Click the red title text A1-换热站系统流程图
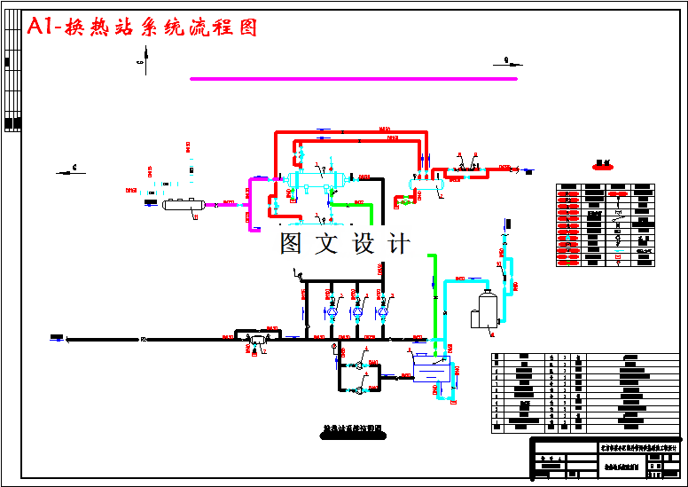coord(143,27)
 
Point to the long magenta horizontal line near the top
coord(353,79)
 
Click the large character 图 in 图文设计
coord(293,243)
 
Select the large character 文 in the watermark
coord(327,243)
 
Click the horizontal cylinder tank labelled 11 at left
coord(182,205)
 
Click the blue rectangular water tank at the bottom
coord(432,368)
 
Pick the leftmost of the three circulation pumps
coord(332,311)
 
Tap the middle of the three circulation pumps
coord(357,311)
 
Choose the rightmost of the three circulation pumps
coord(383,311)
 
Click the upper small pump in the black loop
coord(355,365)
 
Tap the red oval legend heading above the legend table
coord(605,164)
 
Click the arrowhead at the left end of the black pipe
coord(56,338)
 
